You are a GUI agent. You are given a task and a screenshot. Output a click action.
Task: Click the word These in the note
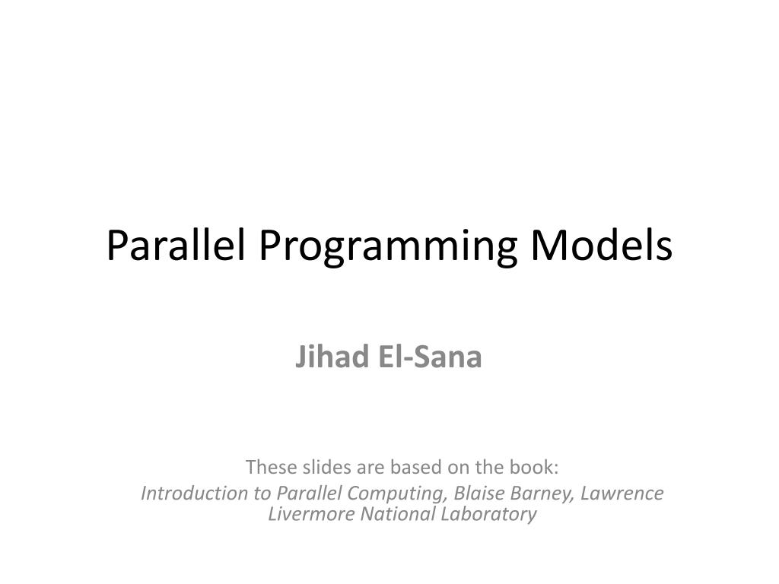pos(266,465)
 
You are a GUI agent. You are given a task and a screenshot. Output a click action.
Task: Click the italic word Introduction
pos(196,494)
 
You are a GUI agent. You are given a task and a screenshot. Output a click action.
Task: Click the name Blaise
pos(479,494)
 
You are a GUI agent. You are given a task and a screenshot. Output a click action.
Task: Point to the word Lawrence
pos(622,494)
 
